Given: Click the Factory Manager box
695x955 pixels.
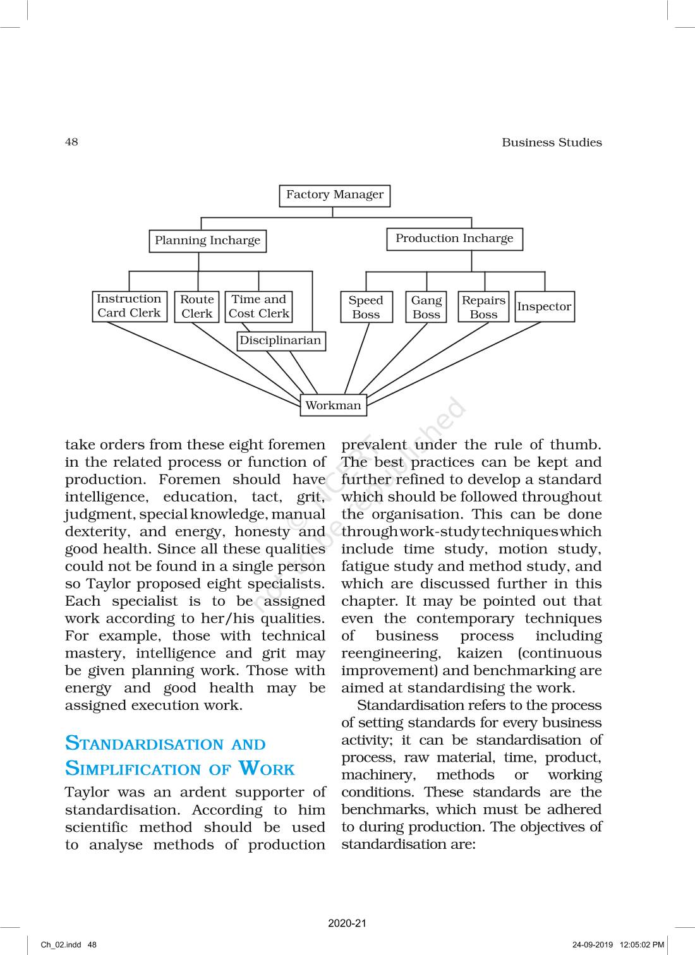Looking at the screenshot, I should [334, 195].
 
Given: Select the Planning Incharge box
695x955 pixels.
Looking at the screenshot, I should [207, 241].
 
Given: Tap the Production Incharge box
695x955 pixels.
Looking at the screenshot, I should [454, 239].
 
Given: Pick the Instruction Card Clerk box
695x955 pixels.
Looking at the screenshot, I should [129, 306].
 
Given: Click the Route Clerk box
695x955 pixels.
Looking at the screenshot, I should [196, 306].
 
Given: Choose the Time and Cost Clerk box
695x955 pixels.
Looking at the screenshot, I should [258, 306].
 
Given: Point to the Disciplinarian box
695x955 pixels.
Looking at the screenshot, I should [281, 341].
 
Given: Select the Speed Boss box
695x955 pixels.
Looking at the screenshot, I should [366, 307].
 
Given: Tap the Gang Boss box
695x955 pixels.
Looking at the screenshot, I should [426, 307].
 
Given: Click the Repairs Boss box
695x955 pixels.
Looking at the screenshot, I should [483, 307].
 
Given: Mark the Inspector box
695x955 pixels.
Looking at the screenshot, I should [544, 307].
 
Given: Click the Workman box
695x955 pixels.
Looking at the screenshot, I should [333, 405].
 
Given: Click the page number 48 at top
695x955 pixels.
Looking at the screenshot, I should [71, 142].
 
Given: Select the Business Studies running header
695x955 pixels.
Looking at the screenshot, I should [552, 143].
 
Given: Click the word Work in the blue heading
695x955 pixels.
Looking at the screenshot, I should [267, 769].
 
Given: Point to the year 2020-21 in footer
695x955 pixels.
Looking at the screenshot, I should [347, 923].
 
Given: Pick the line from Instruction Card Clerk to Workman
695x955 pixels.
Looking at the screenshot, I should [202, 362].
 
